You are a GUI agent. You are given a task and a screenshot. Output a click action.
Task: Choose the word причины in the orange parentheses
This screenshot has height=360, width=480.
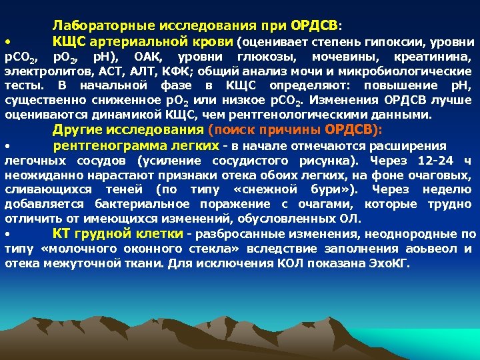(x=293, y=129)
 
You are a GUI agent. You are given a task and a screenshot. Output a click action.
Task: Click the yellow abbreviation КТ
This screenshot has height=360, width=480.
(x=62, y=233)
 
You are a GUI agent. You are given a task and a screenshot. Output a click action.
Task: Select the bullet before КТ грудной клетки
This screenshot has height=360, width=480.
(x=7, y=235)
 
